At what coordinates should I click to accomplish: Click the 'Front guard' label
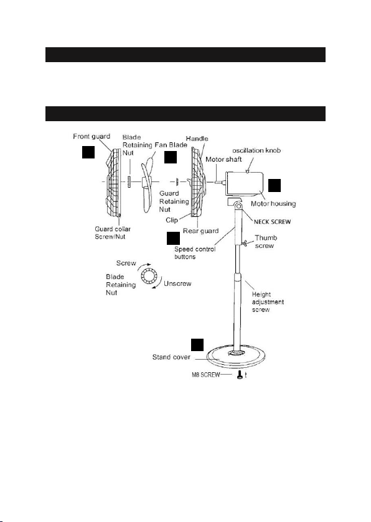tap(92, 137)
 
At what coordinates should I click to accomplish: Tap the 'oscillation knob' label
tap(256, 150)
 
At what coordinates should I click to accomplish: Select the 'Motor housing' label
tap(273, 203)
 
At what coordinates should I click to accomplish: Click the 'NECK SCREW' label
tap(272, 222)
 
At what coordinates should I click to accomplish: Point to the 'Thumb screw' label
tap(266, 242)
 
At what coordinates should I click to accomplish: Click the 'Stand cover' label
tap(171, 357)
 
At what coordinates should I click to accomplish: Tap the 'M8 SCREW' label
tap(205, 375)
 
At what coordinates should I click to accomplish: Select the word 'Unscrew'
tap(177, 283)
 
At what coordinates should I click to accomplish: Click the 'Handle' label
tap(197, 139)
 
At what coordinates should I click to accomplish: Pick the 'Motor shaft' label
tap(223, 160)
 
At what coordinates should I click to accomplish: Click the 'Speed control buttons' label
tap(195, 253)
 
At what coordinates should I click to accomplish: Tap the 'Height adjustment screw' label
tap(268, 302)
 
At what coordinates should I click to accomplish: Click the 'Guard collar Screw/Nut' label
tap(113, 232)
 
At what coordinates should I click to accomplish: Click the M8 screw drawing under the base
tap(240, 375)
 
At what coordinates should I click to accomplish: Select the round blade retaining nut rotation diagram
tap(147, 276)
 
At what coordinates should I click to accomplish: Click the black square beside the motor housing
tap(275, 185)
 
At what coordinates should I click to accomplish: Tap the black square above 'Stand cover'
tap(197, 345)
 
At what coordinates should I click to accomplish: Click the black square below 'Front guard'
tap(88, 152)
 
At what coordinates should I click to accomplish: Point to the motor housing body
tap(245, 183)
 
